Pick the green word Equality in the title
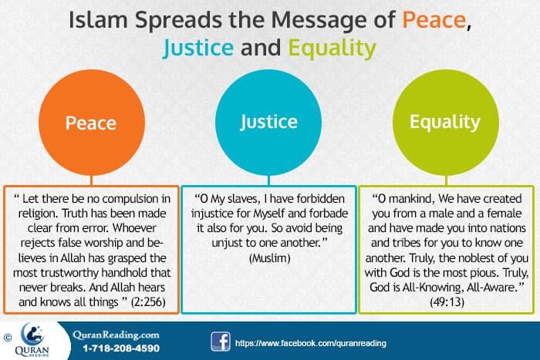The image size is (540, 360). click(332, 50)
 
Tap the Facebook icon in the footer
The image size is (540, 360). click(219, 341)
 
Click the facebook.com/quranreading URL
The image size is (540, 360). click(310, 342)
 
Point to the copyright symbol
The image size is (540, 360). click(8, 337)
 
